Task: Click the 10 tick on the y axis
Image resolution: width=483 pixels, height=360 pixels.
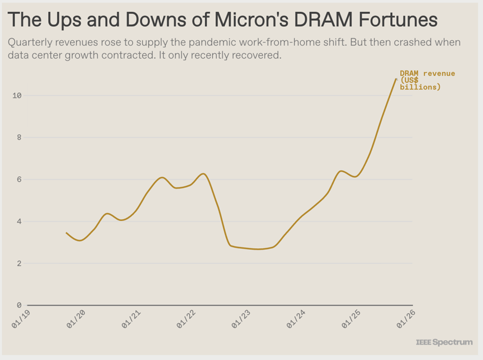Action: click(x=17, y=96)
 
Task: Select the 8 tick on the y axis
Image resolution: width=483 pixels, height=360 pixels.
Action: click(x=18, y=138)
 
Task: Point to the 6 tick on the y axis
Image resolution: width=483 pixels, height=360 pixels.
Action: click(x=18, y=179)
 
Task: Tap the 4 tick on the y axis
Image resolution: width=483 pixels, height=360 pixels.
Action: click(x=18, y=221)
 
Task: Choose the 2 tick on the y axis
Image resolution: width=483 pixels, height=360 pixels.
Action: click(x=18, y=263)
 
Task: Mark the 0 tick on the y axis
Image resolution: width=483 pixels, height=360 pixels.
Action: click(x=18, y=305)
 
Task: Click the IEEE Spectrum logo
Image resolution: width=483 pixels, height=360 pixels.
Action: click(x=444, y=342)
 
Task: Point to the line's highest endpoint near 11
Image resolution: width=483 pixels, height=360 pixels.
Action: click(x=396, y=79)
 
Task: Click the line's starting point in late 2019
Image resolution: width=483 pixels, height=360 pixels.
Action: click(x=67, y=233)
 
